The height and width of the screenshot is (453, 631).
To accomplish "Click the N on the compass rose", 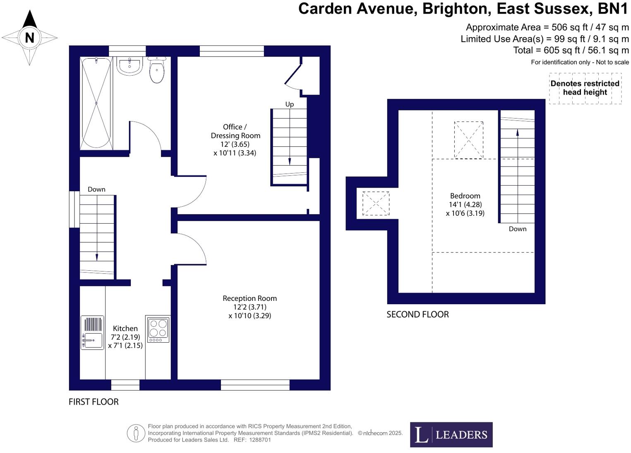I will (x=29, y=38).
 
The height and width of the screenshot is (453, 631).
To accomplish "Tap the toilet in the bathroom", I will (x=157, y=71).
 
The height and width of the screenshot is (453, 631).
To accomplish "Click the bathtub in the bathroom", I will (x=96, y=103).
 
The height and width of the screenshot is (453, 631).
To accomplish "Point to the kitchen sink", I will (x=92, y=333).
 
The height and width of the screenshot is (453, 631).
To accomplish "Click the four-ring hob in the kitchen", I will (x=158, y=329).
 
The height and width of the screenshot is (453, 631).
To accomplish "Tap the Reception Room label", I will (x=250, y=298).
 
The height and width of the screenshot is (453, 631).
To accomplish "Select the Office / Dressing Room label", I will (x=235, y=131).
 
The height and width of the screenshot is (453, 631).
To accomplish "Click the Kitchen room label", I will (x=125, y=329).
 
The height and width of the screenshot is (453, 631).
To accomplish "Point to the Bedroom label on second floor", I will (x=465, y=196).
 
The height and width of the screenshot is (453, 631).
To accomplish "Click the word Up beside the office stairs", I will (x=290, y=104).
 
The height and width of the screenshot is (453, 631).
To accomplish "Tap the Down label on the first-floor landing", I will (x=96, y=189).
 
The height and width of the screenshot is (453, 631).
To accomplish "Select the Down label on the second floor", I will (x=517, y=229).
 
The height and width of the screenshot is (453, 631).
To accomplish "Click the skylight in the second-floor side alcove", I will (x=376, y=203).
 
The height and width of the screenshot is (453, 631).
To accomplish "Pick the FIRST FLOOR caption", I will (x=94, y=402).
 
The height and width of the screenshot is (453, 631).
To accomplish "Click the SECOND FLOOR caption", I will (x=417, y=315).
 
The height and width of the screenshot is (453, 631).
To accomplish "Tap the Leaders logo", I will (x=451, y=434).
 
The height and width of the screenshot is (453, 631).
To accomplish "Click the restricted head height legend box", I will (x=585, y=88).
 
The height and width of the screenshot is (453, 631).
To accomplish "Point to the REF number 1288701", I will (x=260, y=440).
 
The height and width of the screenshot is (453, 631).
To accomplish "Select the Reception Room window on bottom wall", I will (x=255, y=385).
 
